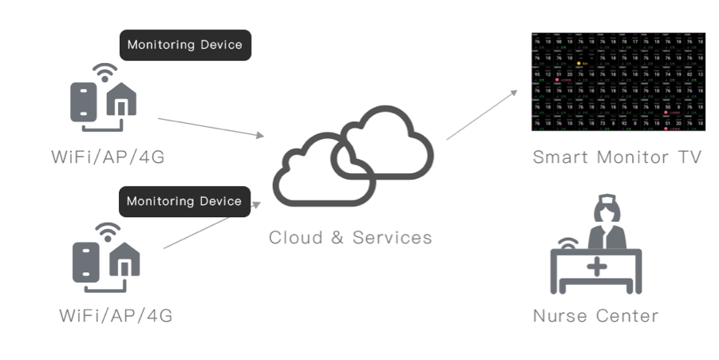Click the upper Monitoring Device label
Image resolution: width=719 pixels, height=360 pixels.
pos(184,45)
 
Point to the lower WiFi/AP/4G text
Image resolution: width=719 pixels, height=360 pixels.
pos(116,315)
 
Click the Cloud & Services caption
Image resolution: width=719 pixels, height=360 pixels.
pos(350,237)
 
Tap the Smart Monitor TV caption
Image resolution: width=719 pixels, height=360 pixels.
pos(617,156)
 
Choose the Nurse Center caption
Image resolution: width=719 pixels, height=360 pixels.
pos(595,315)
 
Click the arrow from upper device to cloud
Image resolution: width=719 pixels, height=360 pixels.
pos(211,128)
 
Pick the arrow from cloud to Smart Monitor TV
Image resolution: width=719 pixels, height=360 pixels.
pos(482,114)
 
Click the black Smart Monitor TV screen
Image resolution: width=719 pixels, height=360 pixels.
pos(618,81)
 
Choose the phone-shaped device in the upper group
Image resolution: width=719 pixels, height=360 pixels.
pos(84,99)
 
